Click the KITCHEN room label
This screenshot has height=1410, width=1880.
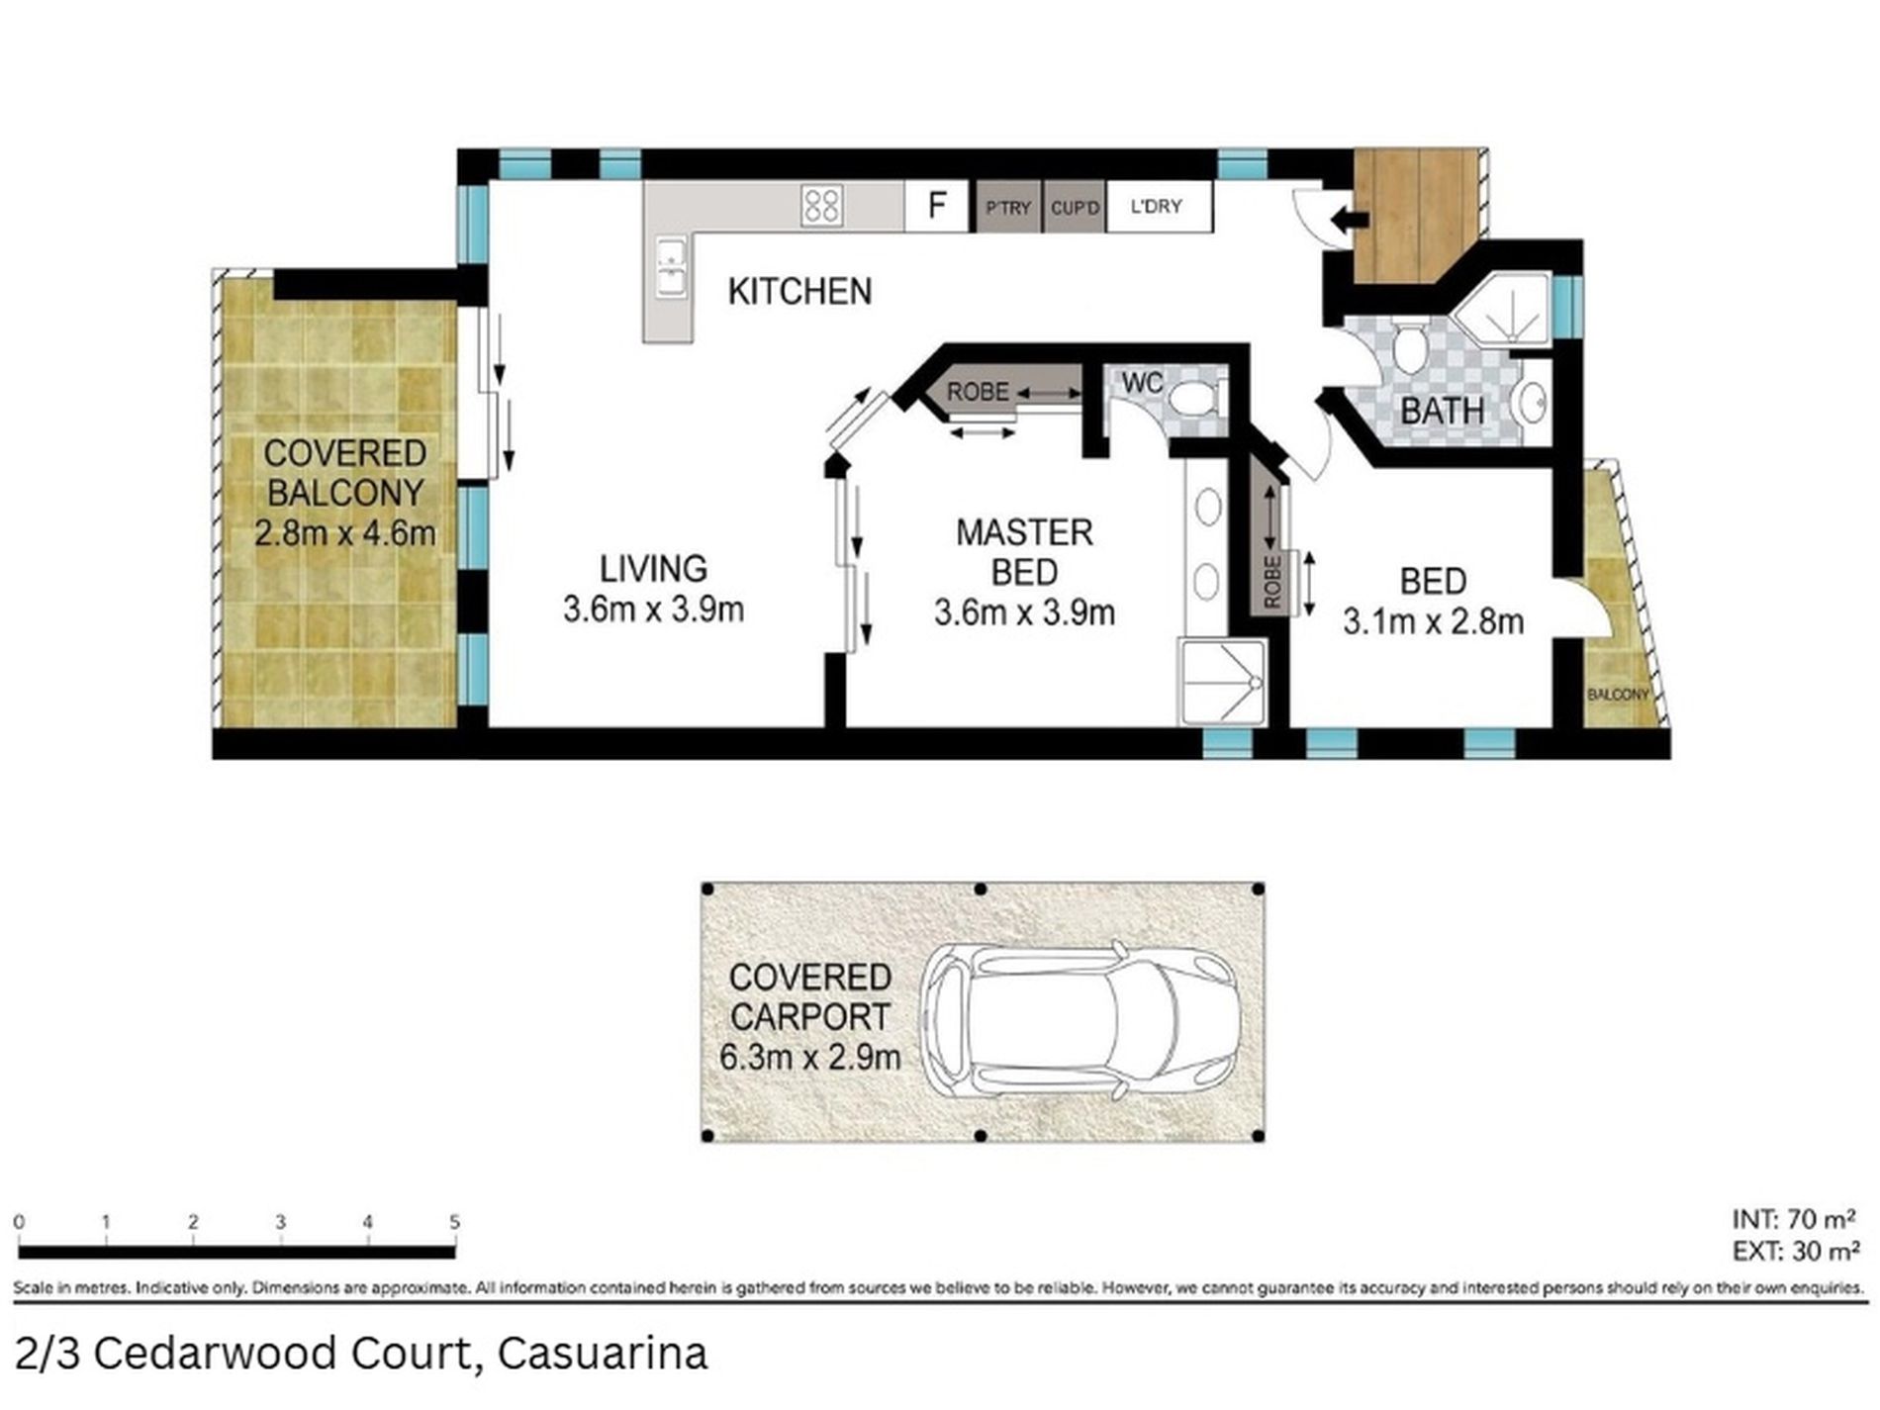pyautogui.click(x=799, y=292)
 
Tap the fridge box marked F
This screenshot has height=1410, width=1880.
pyautogui.click(x=936, y=206)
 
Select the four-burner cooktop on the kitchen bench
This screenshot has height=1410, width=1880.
pyautogui.click(x=822, y=206)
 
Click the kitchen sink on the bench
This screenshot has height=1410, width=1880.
pyautogui.click(x=670, y=266)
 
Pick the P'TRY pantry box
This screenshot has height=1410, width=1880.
pyautogui.click(x=1008, y=208)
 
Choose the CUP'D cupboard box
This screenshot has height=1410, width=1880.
pyautogui.click(x=1075, y=208)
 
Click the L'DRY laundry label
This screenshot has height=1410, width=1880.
pyautogui.click(x=1156, y=207)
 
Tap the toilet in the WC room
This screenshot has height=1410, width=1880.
pyautogui.click(x=1192, y=402)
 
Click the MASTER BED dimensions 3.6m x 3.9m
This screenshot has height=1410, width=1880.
pyautogui.click(x=1024, y=613)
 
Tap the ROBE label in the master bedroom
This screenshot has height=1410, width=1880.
pyautogui.click(x=978, y=392)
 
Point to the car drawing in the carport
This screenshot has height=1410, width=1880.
pyautogui.click(x=1081, y=1019)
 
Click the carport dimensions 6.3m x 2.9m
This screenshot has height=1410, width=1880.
pyautogui.click(x=809, y=1058)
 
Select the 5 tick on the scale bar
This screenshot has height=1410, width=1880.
pyautogui.click(x=455, y=1224)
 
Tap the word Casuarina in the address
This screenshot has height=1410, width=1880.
pyautogui.click(x=603, y=1353)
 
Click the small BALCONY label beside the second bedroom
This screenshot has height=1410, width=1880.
pyautogui.click(x=1618, y=695)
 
